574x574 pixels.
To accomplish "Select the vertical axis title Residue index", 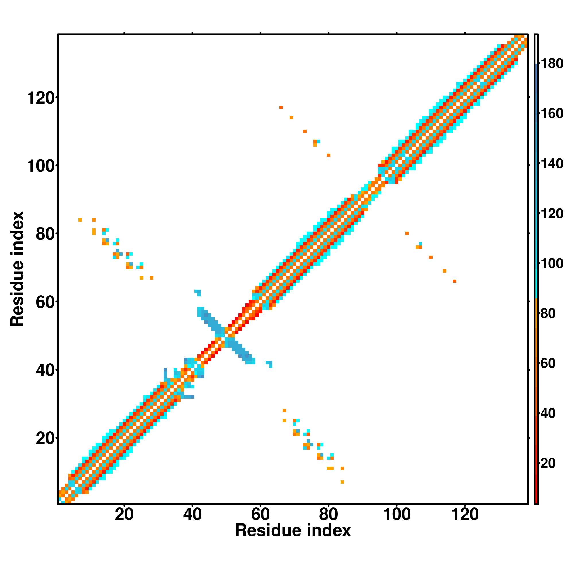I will pyautogui.click(x=17, y=269).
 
